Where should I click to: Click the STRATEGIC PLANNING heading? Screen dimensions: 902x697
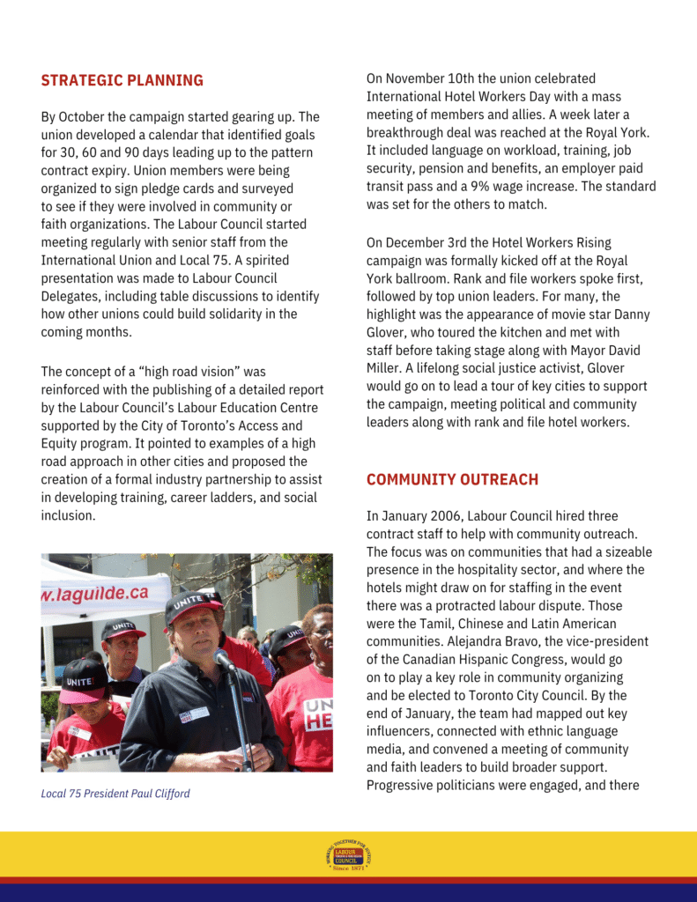pyautogui.click(x=122, y=81)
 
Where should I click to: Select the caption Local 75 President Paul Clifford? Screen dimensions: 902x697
pyautogui.click(x=115, y=794)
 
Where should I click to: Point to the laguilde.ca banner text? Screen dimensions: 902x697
pyautogui.click(x=94, y=594)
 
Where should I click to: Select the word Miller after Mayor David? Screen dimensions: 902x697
pyautogui.click(x=384, y=368)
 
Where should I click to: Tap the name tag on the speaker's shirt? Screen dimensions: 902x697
pyautogui.click(x=194, y=714)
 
